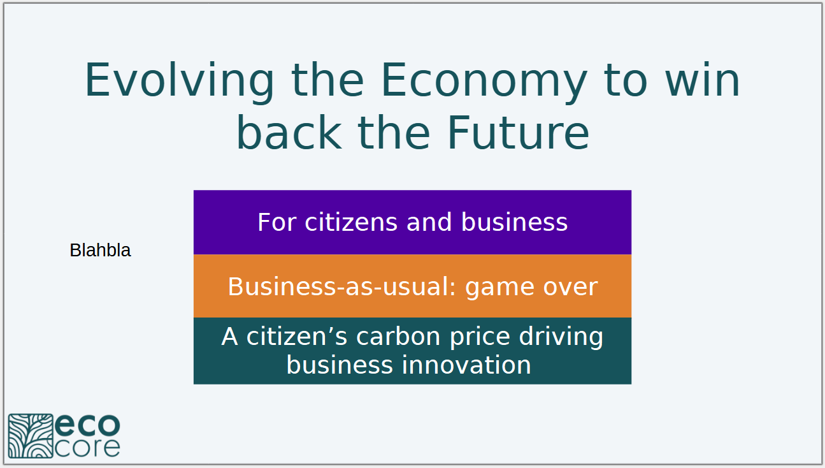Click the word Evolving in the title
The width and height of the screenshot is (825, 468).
point(180,82)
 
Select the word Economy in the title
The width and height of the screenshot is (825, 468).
point(484,82)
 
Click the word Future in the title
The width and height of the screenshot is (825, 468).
point(519,133)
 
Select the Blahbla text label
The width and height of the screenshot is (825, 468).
point(100,250)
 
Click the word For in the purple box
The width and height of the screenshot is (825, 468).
point(277,223)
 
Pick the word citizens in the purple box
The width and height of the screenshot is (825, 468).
point(351,222)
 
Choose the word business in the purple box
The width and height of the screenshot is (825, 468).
point(515,222)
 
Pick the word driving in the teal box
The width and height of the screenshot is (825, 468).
point(561,337)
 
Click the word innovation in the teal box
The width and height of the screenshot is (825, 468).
point(466,365)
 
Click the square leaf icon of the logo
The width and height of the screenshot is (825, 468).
point(31,436)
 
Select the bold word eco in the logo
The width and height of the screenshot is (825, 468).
point(88,425)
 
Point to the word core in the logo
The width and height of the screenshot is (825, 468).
point(88,448)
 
